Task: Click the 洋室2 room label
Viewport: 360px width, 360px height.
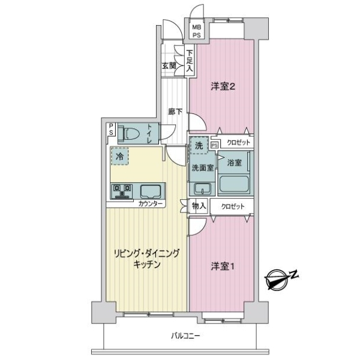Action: click(222, 86)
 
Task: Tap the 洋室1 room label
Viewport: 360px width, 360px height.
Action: click(221, 265)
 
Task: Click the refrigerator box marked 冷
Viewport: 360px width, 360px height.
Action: click(119, 155)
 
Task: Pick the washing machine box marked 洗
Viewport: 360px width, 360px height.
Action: click(199, 146)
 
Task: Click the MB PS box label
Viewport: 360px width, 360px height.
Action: click(197, 31)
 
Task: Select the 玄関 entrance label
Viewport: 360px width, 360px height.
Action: click(169, 66)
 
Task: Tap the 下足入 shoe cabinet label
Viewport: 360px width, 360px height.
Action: click(189, 61)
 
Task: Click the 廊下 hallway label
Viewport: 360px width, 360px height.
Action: click(175, 111)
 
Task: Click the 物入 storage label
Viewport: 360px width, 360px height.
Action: click(199, 206)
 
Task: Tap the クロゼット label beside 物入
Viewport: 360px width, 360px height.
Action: click(233, 206)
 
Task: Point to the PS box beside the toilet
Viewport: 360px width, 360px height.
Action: click(111, 129)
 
